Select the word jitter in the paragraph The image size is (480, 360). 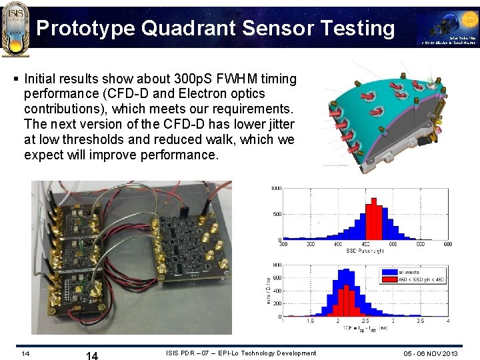(x=277, y=124)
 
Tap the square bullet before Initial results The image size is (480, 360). (x=16, y=79)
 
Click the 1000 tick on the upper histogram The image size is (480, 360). (x=275, y=189)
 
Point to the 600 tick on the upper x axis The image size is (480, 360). (x=447, y=245)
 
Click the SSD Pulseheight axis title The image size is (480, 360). (x=365, y=251)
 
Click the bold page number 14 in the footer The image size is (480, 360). (x=92, y=355)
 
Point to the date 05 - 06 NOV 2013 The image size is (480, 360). (x=431, y=353)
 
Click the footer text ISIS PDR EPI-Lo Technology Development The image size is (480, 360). (x=241, y=353)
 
